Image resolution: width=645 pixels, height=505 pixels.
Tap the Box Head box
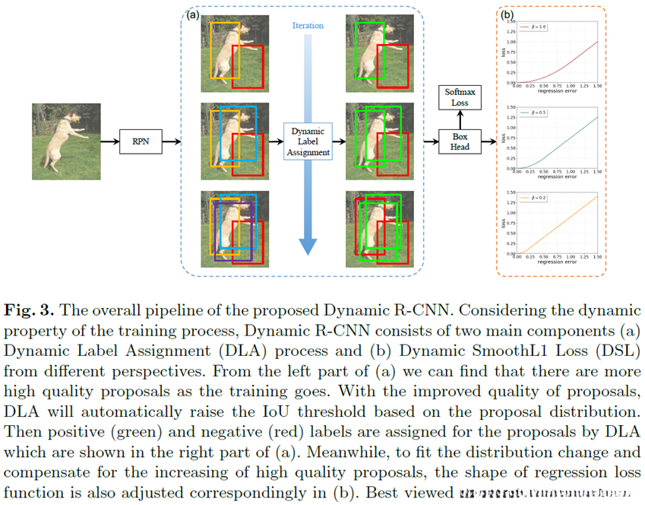click(x=460, y=141)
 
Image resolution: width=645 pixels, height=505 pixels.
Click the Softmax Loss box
click(x=460, y=97)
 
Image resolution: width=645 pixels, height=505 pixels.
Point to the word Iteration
click(x=308, y=26)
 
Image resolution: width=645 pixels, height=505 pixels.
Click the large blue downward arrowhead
click(x=308, y=245)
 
